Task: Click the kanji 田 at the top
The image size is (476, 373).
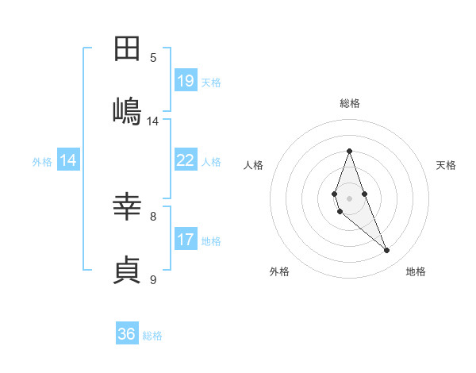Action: click(127, 49)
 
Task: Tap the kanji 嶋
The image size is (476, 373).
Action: click(127, 110)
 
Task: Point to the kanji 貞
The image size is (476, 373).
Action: click(127, 269)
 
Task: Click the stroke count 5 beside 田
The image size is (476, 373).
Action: click(153, 58)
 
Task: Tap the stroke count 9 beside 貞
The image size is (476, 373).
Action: click(153, 279)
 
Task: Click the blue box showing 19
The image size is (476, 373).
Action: click(186, 81)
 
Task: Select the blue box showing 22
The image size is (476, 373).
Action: click(186, 160)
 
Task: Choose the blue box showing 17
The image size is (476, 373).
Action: click(186, 240)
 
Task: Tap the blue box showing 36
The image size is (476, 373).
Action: click(127, 334)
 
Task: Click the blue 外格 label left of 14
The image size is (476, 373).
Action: click(42, 162)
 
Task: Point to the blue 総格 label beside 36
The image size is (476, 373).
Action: click(152, 336)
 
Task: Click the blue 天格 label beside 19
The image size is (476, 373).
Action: click(211, 83)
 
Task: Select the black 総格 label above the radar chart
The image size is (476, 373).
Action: click(349, 104)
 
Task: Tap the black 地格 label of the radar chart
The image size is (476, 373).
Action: click(416, 272)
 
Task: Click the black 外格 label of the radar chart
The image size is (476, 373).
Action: click(279, 272)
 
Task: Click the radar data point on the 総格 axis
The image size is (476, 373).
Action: click(349, 151)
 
